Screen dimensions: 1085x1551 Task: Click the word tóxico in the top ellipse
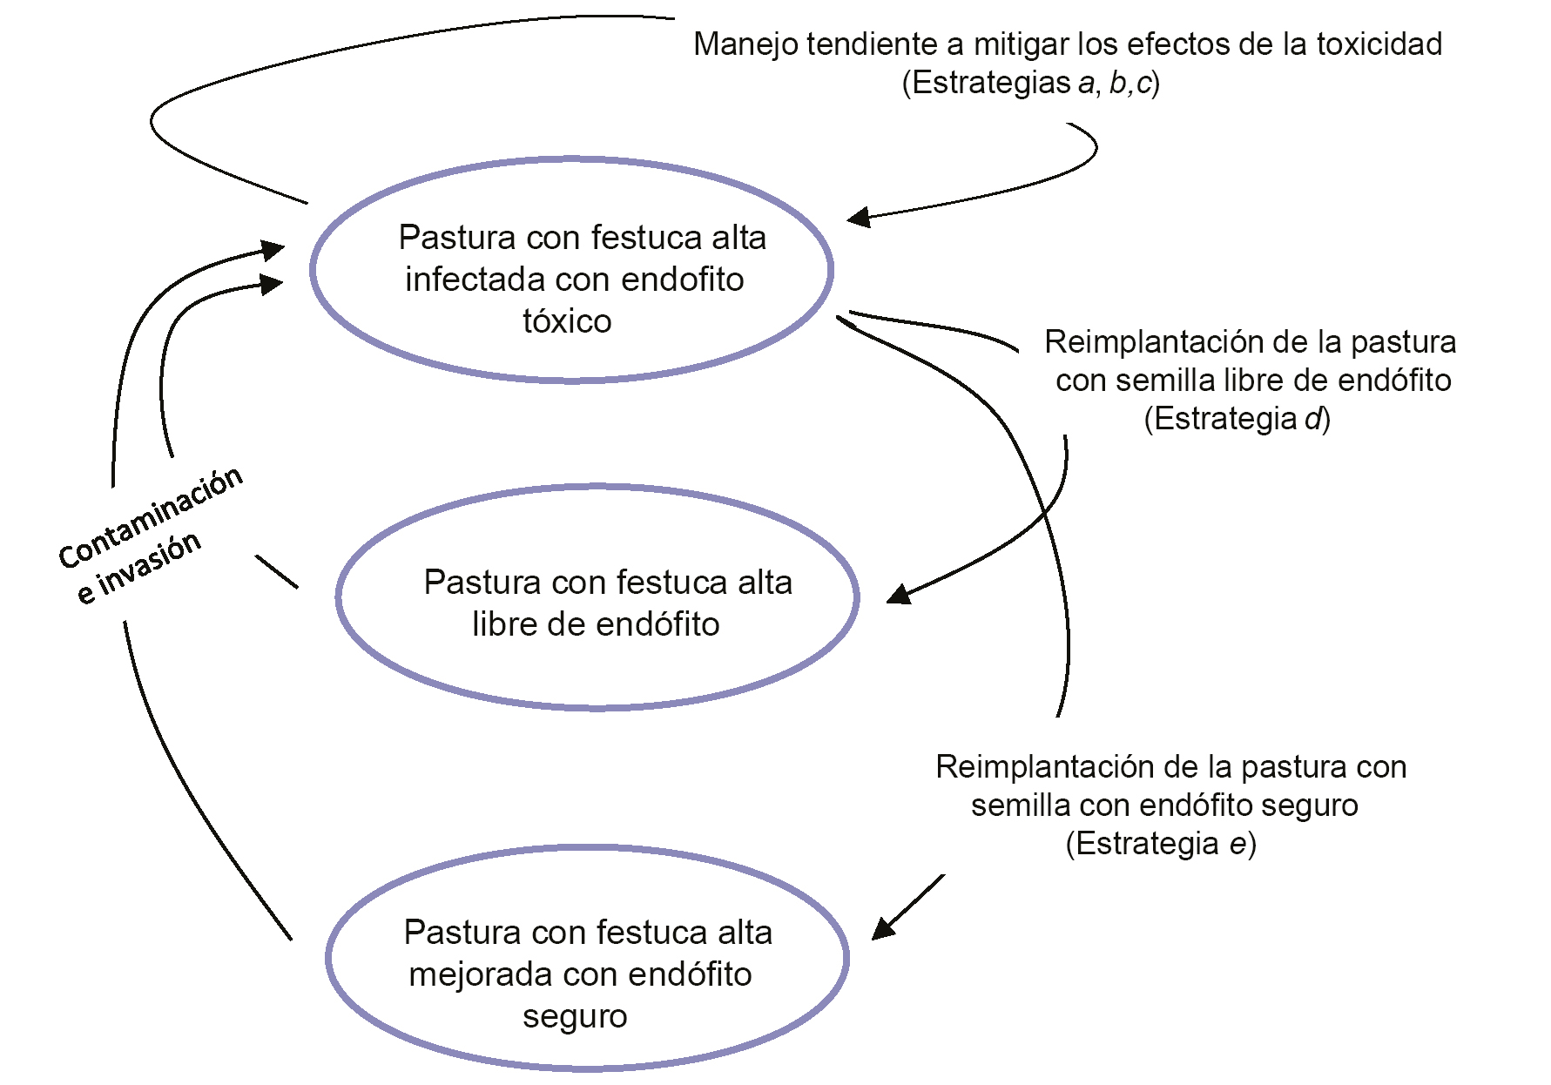567,321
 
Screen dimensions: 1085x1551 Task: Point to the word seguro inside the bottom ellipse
575,1016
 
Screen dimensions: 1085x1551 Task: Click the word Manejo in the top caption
745,44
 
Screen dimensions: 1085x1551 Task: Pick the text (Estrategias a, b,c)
1030,83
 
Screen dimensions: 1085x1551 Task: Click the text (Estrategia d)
1237,419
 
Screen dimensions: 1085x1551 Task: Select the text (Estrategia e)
1161,844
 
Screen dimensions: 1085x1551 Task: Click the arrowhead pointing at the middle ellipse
897,595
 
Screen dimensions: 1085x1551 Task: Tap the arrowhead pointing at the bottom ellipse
883,928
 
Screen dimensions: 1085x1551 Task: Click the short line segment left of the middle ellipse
276,572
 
